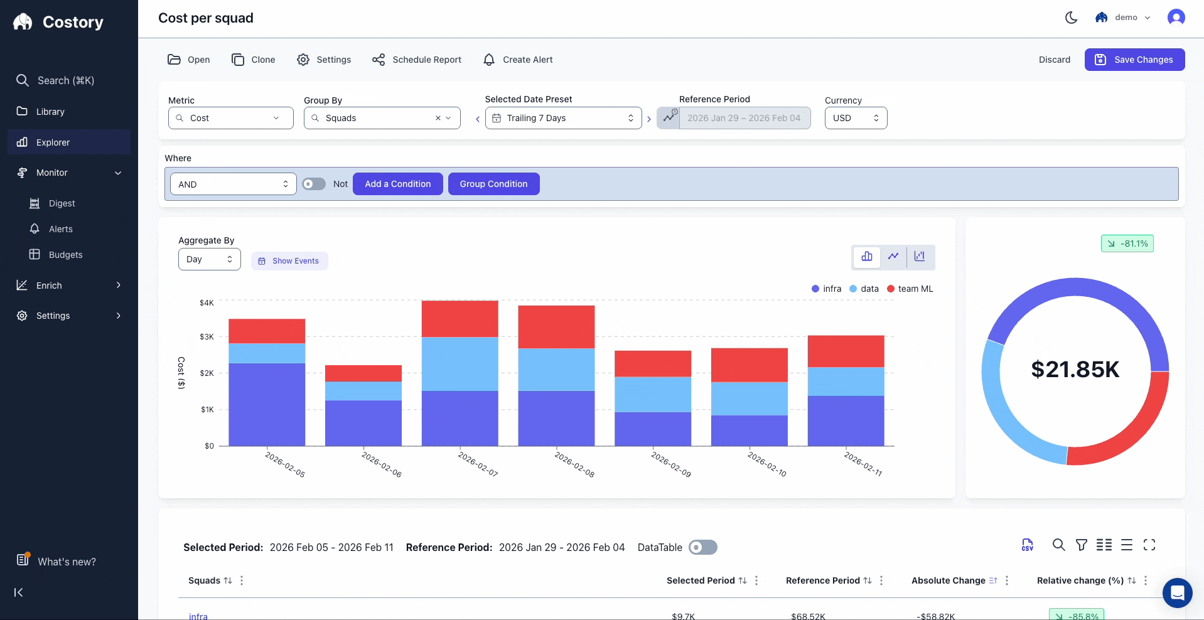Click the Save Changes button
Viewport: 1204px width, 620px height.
[x=1134, y=60]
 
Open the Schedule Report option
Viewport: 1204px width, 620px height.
[x=417, y=60]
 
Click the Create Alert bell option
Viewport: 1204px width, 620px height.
[x=518, y=60]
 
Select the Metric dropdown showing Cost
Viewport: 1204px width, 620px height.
[x=230, y=118]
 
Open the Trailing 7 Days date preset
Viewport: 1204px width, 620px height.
[x=563, y=118]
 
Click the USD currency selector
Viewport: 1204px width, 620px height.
[x=855, y=118]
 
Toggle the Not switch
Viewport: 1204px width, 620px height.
[x=314, y=184]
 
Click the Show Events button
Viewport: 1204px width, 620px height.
[x=289, y=261]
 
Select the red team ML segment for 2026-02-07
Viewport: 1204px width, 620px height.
[x=460, y=318]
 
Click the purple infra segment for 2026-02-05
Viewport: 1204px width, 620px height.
[x=267, y=404]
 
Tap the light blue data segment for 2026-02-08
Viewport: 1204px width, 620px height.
[x=556, y=370]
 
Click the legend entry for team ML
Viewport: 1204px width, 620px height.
[x=910, y=289]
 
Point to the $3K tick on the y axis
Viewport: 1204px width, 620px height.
[x=207, y=337]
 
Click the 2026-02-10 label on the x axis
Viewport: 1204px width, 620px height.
[x=766, y=464]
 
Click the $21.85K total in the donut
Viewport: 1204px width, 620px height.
[x=1075, y=370]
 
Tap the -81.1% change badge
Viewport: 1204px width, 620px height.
[x=1127, y=243]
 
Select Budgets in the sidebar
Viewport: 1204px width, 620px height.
[x=65, y=255]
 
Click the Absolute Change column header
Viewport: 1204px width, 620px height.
[x=948, y=580]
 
